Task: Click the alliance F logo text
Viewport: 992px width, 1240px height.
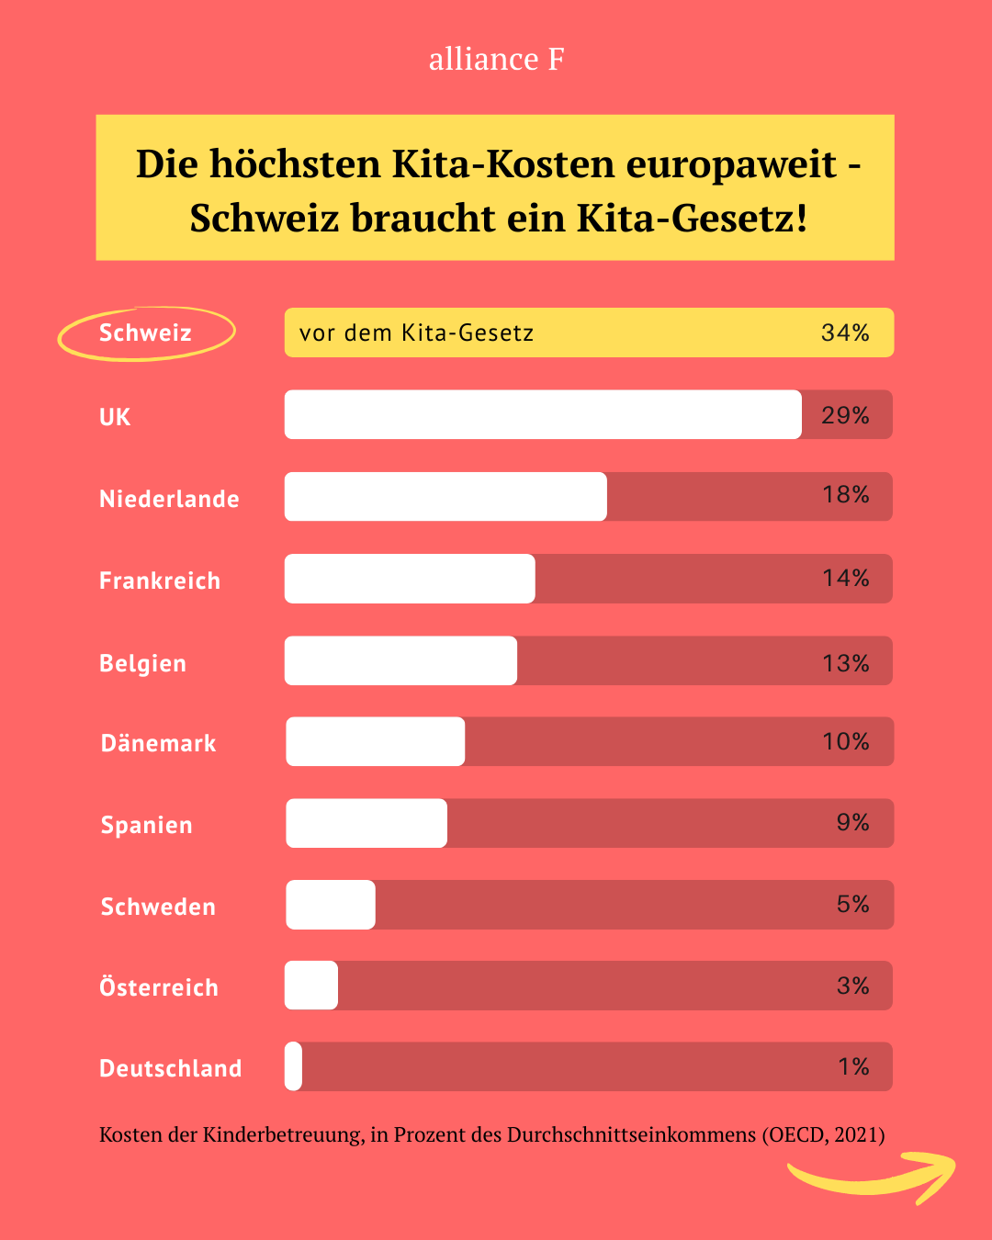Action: click(x=496, y=59)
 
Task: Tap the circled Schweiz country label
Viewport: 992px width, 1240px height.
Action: click(x=145, y=333)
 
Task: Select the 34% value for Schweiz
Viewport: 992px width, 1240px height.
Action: click(x=845, y=333)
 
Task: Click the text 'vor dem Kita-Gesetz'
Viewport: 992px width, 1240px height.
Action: click(x=416, y=333)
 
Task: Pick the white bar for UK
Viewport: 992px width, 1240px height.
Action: click(x=542, y=414)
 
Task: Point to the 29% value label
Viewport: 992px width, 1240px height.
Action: click(x=845, y=415)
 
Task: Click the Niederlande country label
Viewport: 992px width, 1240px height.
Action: click(x=169, y=499)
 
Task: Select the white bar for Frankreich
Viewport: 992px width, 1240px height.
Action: click(x=410, y=579)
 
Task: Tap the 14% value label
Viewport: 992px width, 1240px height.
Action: click(x=845, y=578)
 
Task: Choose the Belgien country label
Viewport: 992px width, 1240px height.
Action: click(x=142, y=663)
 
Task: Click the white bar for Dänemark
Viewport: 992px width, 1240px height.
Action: click(x=375, y=741)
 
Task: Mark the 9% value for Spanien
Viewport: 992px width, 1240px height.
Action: click(x=852, y=822)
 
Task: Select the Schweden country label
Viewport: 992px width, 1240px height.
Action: click(x=158, y=907)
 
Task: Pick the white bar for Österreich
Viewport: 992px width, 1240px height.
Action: click(x=311, y=986)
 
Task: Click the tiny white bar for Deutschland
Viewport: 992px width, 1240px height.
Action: click(x=293, y=1066)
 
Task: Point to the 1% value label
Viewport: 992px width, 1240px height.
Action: click(x=853, y=1066)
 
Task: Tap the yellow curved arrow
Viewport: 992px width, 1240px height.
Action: click(x=873, y=1176)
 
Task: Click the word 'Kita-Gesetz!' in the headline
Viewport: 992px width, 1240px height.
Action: click(x=692, y=219)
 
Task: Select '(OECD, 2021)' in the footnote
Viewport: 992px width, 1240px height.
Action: click(x=823, y=1135)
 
